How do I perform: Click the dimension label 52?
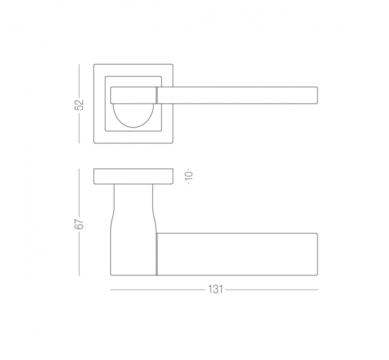[x=80, y=105]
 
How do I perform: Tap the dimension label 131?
[x=215, y=289]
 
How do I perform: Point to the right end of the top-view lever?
[x=317, y=95]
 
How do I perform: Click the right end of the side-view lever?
[x=317, y=254]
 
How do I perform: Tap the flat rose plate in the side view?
[x=133, y=177]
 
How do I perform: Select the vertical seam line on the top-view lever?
[x=157, y=95]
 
